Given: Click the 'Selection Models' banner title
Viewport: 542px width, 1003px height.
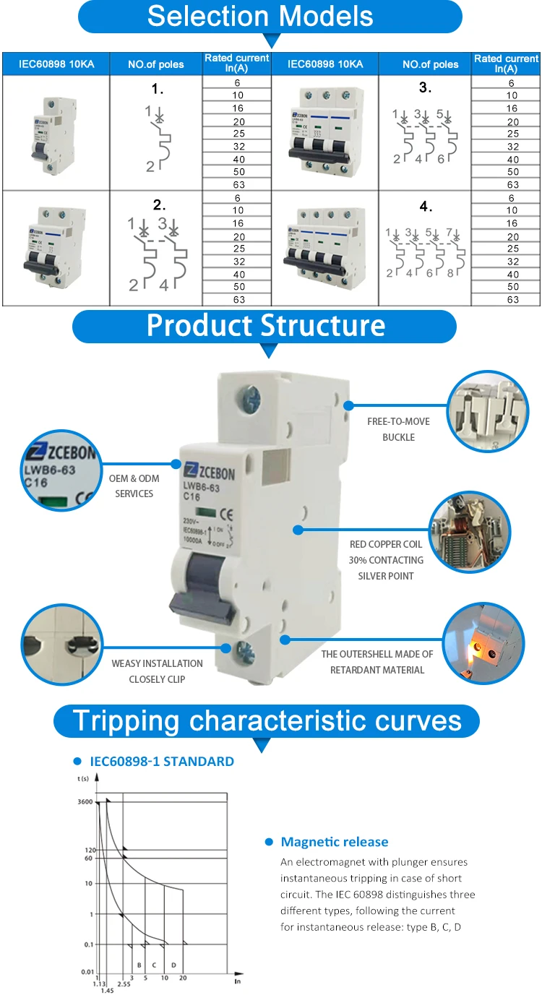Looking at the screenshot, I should [260, 16].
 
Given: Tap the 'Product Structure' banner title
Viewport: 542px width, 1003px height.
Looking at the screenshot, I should [266, 325].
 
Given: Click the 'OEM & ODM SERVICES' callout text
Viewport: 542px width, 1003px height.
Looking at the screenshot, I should [134, 486].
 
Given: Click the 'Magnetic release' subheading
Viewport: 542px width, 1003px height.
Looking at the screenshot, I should [335, 842].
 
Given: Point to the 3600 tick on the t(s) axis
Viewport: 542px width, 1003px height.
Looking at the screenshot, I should [85, 801].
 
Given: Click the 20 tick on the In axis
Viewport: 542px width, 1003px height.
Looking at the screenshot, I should [183, 977].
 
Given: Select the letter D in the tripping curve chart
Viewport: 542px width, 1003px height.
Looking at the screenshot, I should [173, 965].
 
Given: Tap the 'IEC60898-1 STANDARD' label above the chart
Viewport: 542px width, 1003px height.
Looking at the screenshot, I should [162, 761].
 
